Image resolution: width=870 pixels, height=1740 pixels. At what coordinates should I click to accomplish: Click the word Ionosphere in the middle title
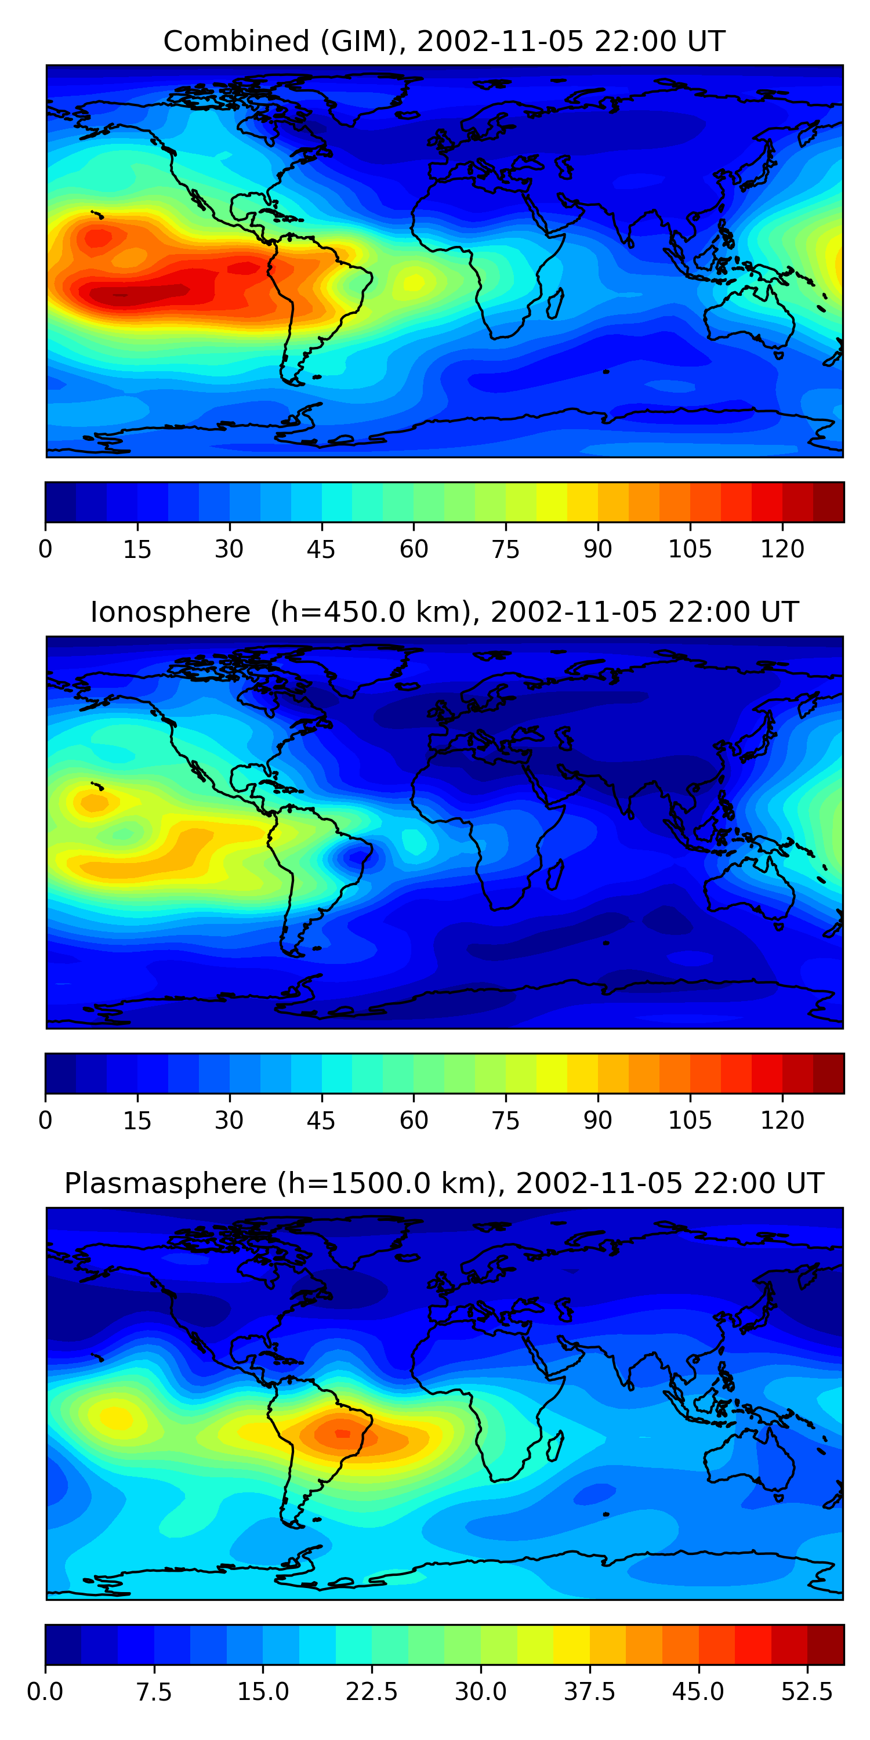click(x=170, y=612)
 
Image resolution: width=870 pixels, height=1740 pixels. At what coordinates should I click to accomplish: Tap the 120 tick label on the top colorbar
click(x=782, y=549)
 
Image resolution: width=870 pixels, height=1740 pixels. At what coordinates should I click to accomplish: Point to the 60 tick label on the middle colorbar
click(x=414, y=1121)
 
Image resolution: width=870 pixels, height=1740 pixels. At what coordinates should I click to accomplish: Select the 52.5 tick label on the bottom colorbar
click(x=807, y=1691)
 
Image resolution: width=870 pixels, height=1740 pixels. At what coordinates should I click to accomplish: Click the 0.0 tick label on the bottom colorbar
click(x=45, y=1691)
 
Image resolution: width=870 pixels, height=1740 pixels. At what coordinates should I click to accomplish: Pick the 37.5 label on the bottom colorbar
click(x=589, y=1691)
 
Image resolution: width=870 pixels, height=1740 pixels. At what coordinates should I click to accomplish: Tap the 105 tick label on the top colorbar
click(x=690, y=549)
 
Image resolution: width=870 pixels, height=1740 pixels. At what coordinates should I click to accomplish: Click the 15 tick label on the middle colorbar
click(x=137, y=1121)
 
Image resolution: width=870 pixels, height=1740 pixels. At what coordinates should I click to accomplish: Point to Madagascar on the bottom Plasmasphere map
click(x=554, y=1446)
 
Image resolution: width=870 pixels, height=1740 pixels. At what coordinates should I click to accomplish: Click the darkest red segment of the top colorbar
click(x=828, y=502)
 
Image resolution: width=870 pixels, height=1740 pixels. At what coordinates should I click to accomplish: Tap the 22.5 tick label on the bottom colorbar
click(x=372, y=1691)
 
